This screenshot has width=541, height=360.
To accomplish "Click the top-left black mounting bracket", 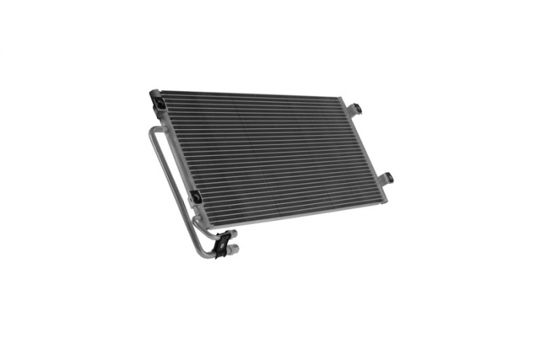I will pos(156,100).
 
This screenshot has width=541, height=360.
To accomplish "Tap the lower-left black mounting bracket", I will pos(196,197).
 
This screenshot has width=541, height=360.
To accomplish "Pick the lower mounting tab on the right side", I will pos(386,178).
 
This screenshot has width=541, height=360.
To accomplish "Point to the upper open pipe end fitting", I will pos(234,237).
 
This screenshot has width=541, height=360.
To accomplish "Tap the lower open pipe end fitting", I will pos(233,250).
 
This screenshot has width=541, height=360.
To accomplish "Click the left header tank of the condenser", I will pos(175,147).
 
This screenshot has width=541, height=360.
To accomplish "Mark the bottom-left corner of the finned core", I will pos(202,202).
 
